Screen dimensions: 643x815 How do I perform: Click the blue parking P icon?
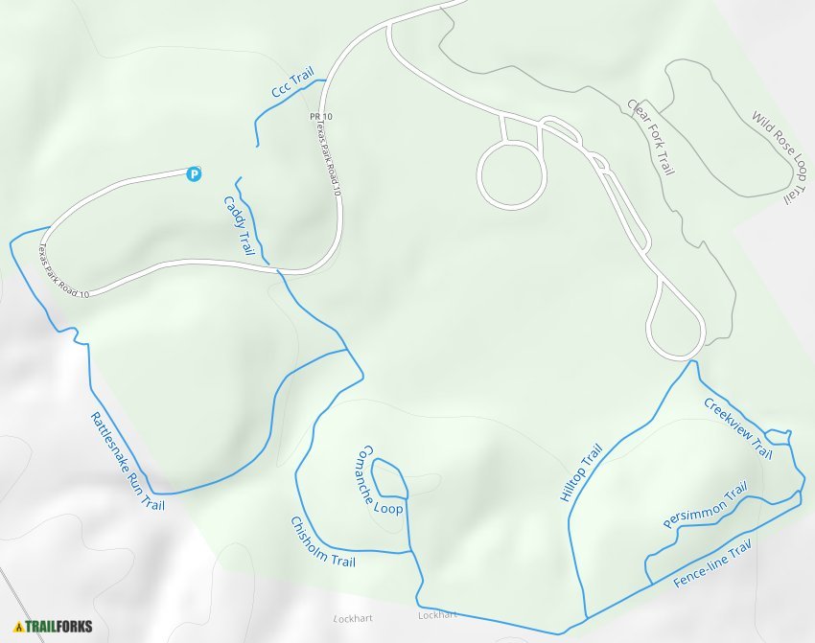click(x=195, y=173)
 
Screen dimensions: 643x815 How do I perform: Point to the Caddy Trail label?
click(x=240, y=226)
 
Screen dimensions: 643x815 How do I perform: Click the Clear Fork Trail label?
click(x=651, y=136)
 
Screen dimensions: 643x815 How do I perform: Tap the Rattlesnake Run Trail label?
click(x=128, y=461)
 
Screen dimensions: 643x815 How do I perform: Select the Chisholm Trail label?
click(x=322, y=541)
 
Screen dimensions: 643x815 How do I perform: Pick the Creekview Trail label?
click(x=737, y=427)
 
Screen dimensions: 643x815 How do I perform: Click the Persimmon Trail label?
click(x=705, y=505)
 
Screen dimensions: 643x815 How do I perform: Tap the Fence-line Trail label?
click(x=710, y=564)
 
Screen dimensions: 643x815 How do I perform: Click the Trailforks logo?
click(x=54, y=627)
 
